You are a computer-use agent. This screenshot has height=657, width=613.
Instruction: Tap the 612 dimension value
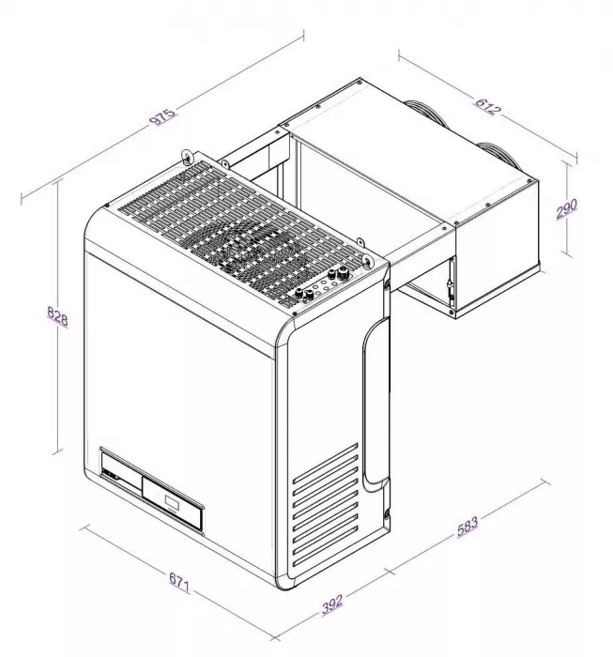pyautogui.click(x=487, y=103)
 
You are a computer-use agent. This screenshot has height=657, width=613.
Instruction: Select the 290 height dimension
pyautogui.click(x=566, y=208)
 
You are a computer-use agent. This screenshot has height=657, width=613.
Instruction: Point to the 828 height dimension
pyautogui.click(x=56, y=319)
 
